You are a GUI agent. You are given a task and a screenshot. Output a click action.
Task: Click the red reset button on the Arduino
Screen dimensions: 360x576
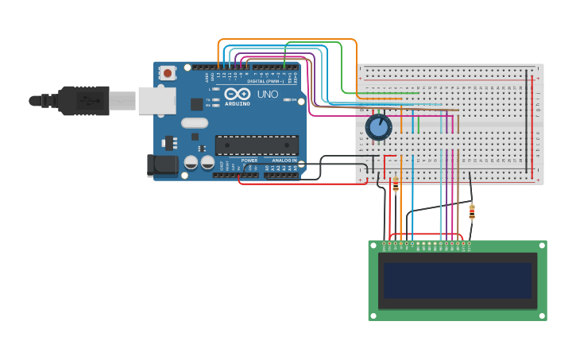(x=168, y=73)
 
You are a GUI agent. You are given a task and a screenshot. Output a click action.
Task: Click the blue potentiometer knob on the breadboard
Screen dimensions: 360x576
(x=379, y=126)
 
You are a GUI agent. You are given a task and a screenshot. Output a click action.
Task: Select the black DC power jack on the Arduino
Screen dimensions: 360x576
(x=164, y=165)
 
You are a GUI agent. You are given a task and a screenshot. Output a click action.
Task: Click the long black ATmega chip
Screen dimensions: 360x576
(x=257, y=145)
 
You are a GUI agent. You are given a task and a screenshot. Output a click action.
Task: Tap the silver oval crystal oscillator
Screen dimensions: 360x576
(x=195, y=122)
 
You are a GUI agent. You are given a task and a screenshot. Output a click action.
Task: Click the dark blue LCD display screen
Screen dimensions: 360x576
(x=457, y=281)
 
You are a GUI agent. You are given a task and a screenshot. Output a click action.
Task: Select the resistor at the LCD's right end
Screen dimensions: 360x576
(x=472, y=212)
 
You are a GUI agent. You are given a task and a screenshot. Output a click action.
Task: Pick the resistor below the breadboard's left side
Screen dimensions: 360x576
(x=396, y=185)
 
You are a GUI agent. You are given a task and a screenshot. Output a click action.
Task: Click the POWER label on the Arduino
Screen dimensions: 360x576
(x=249, y=160)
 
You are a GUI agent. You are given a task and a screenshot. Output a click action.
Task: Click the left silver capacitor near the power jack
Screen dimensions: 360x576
(x=191, y=163)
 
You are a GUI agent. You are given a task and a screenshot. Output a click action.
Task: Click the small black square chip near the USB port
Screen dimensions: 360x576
(x=196, y=104)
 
